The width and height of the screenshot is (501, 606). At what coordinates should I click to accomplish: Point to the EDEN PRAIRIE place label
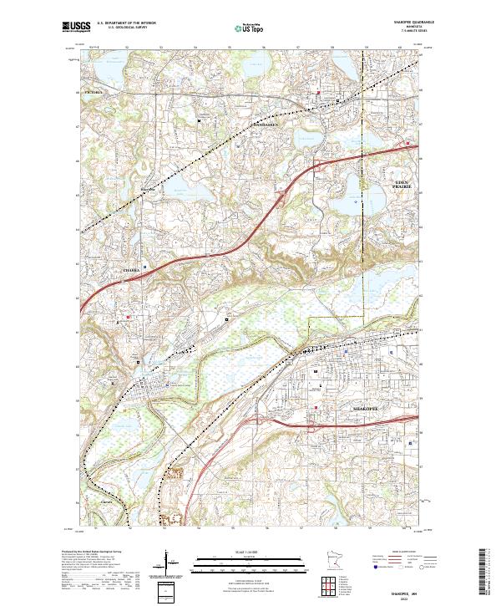click(405, 184)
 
